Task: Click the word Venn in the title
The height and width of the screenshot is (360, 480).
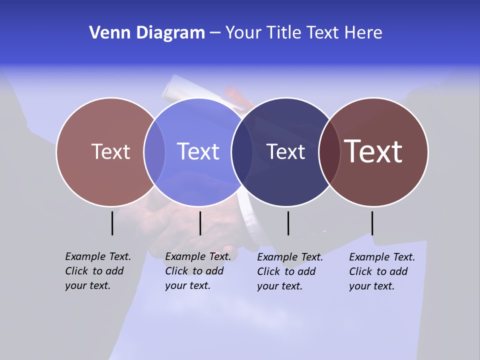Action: pyautogui.click(x=107, y=33)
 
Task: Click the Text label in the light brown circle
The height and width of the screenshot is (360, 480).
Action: pyautogui.click(x=110, y=151)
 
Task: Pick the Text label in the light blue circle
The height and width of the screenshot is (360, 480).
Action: pyautogui.click(x=198, y=151)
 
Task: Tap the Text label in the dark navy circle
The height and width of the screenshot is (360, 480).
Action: pyautogui.click(x=285, y=151)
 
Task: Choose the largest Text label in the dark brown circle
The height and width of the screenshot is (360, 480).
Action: pyautogui.click(x=373, y=151)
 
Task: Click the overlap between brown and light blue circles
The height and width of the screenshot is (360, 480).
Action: pyautogui.click(x=154, y=151)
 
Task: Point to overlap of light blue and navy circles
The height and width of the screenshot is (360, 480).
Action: pyautogui.click(x=242, y=151)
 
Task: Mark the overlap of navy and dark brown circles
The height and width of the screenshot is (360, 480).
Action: pyautogui.click(x=329, y=151)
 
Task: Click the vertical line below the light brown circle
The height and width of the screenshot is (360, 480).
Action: pyautogui.click(x=112, y=223)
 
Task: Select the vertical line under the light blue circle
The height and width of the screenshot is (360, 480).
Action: pyautogui.click(x=200, y=223)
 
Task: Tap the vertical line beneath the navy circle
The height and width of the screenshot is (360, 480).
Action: pyautogui.click(x=288, y=223)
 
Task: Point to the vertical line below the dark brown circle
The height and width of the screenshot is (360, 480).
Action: pyautogui.click(x=372, y=223)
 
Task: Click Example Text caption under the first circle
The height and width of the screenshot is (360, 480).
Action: pyautogui.click(x=97, y=271)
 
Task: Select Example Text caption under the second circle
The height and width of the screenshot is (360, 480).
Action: pyautogui.click(x=197, y=271)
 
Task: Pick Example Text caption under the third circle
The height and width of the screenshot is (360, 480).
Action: pyautogui.click(x=289, y=271)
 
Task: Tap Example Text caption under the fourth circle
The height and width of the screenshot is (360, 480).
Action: pyautogui.click(x=381, y=271)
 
